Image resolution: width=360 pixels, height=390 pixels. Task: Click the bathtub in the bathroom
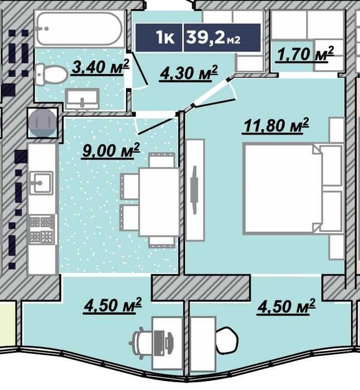coord(79,29)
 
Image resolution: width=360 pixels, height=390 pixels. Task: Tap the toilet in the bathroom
coord(51,74)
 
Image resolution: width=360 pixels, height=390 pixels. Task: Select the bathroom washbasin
coord(82,99)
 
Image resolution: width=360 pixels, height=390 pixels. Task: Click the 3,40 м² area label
coord(101,67)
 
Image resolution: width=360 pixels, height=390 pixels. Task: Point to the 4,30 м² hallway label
coord(189,74)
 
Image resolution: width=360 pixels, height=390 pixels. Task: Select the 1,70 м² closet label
coord(305,54)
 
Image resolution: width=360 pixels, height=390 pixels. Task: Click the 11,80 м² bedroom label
coord(276,126)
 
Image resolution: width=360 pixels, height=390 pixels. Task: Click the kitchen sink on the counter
coord(41,184)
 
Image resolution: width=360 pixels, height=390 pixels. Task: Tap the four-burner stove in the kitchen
coord(42,229)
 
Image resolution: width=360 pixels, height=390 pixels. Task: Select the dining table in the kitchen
coord(159,202)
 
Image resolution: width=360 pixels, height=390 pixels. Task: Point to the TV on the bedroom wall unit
coord(194,190)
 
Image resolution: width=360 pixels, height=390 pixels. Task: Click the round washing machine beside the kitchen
coord(42,123)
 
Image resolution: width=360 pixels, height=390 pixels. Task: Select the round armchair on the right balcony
coord(227,340)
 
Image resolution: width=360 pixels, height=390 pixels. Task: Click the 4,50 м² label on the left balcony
coord(113,306)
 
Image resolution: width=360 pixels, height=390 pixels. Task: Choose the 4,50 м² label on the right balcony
coord(286,306)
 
